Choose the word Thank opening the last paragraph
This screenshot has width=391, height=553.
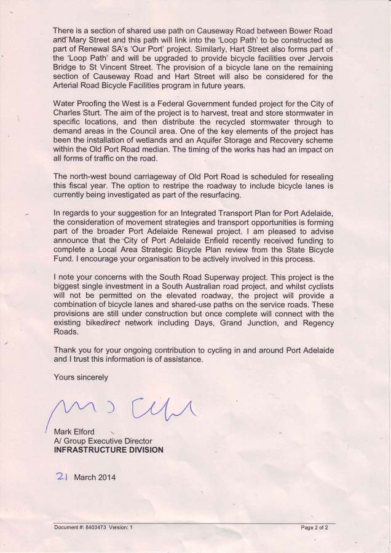(x=65, y=348)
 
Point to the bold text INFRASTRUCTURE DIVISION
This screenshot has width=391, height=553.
(x=109, y=449)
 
